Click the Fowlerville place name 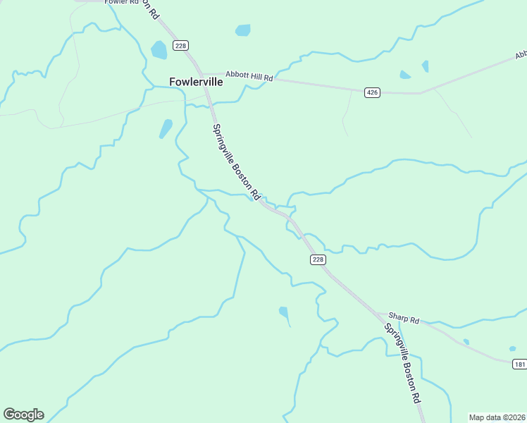[x=196, y=82]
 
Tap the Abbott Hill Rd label [x=249, y=74]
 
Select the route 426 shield [x=373, y=92]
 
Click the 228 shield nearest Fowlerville [x=181, y=46]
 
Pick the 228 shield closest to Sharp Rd [x=318, y=259]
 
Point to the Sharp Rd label [x=404, y=320]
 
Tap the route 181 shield [x=519, y=363]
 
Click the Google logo [x=23, y=415]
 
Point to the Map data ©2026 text [x=497, y=417]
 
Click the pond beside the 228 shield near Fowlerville [x=159, y=50]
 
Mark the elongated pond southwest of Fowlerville [x=166, y=128]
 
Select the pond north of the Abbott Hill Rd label [x=242, y=30]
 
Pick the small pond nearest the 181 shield [x=513, y=348]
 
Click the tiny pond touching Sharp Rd [x=466, y=342]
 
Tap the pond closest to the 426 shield [x=405, y=75]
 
